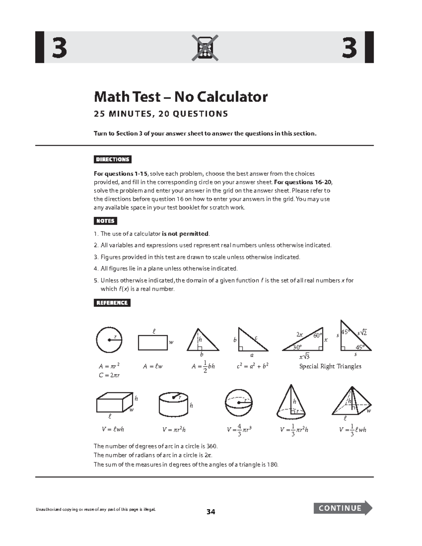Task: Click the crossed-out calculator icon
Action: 205,48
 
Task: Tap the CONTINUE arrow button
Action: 343,508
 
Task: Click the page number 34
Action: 211,512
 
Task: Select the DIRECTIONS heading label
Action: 113,159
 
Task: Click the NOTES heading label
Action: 105,221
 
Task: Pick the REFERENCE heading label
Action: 112,303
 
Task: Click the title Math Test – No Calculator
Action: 180,97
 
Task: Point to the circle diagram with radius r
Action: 109,340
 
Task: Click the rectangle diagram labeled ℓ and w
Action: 153,342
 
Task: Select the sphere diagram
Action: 238,403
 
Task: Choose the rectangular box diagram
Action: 114,403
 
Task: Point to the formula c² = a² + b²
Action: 252,366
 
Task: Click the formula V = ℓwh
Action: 113,429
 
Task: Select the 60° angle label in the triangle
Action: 318,335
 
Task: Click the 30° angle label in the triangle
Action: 297,347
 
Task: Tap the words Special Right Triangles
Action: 330,366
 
